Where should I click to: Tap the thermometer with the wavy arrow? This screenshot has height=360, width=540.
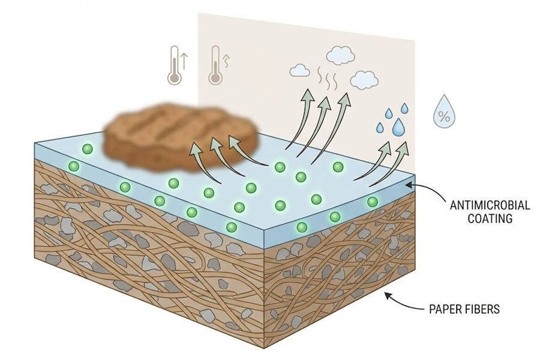tap(215, 65)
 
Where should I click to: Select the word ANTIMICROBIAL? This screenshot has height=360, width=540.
tap(490, 206)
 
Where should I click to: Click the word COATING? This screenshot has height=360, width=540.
tap(490, 219)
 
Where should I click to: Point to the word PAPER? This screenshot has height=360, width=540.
tap(446, 310)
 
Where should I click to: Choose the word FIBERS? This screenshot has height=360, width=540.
tap(484, 310)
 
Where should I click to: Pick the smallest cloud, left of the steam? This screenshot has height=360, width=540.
tap(299, 71)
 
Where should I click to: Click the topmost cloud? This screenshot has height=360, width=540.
tap(340, 55)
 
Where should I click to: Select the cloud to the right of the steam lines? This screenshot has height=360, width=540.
tap(364, 79)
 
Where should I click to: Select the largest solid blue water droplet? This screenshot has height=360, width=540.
tap(398, 127)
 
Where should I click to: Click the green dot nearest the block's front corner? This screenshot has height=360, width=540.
tap(231, 227)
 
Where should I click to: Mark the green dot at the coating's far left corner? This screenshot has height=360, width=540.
tap(74, 166)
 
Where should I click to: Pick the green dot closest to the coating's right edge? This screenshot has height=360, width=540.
tap(373, 202)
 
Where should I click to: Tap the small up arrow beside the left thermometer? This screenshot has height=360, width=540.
tap(184, 59)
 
